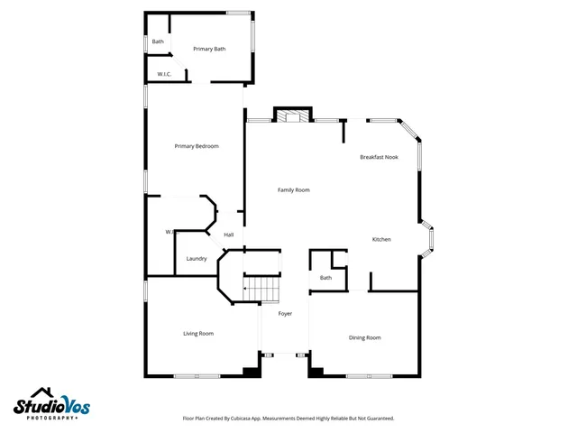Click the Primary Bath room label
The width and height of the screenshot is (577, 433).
click(208, 49)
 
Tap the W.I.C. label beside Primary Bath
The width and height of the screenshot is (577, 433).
click(164, 74)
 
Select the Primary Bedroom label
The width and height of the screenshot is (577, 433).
click(197, 146)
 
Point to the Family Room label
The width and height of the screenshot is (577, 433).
click(293, 189)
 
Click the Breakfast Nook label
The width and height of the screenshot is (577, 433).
click(379, 157)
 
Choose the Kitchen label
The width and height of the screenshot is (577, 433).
click(381, 239)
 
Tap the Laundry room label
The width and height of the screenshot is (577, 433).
click(197, 259)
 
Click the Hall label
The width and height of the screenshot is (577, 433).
click(229, 235)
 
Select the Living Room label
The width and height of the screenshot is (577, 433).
click(198, 334)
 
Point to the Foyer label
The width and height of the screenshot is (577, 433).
click(285, 313)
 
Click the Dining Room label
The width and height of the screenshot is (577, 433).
click(364, 337)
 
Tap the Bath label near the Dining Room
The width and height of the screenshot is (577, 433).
click(325, 278)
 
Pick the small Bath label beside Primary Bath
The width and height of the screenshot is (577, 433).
click(158, 41)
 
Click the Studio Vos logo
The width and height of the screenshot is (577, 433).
click(51, 407)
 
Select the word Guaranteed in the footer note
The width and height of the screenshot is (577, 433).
click(376, 419)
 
